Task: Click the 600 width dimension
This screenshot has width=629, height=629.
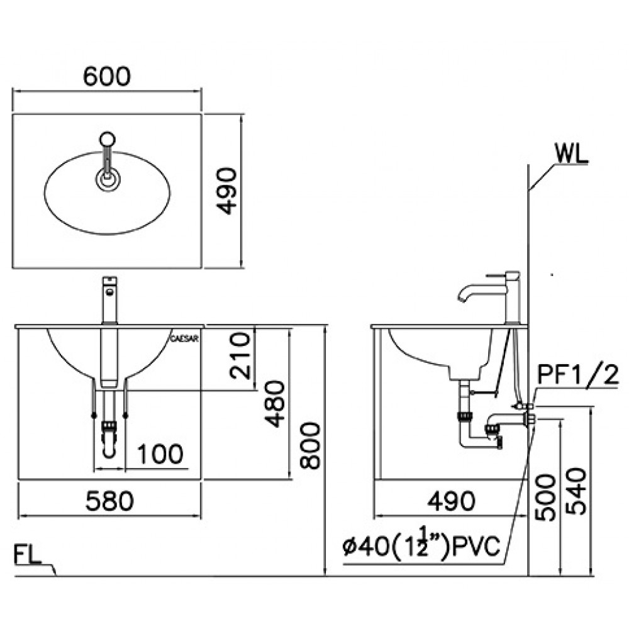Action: (x=107, y=75)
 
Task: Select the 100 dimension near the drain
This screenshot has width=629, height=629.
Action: (x=160, y=453)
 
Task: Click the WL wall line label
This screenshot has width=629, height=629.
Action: (x=571, y=153)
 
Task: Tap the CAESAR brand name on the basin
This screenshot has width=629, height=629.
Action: (x=185, y=338)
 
